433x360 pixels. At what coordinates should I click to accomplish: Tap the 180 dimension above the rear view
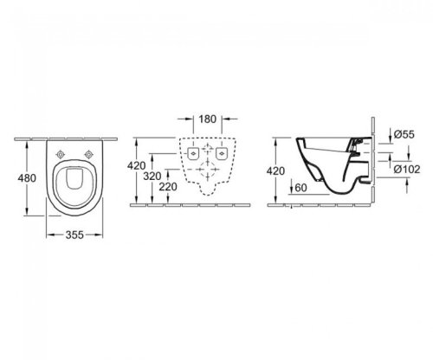click(205, 119)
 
